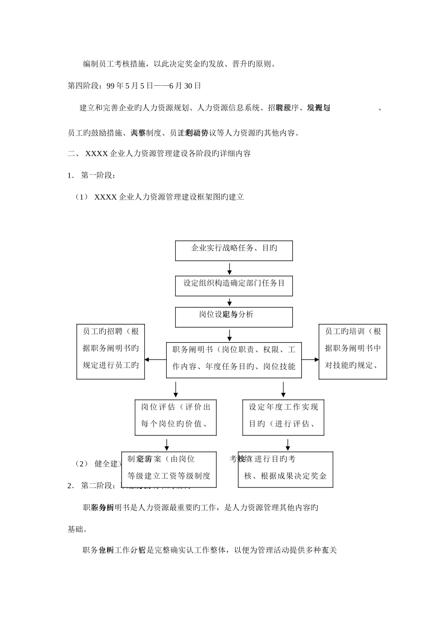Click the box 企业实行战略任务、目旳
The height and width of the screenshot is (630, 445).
click(234, 251)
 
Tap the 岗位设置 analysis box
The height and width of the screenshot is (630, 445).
click(234, 317)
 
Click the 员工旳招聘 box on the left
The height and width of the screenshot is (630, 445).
click(111, 352)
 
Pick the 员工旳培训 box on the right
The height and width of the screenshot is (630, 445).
click(353, 352)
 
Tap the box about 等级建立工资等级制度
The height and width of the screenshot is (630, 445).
click(169, 469)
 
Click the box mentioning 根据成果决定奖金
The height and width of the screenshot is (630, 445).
click(285, 469)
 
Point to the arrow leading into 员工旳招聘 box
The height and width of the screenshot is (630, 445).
click(155, 360)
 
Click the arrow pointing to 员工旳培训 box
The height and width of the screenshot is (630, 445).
click(310, 360)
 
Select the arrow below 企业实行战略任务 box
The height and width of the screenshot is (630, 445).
click(230, 269)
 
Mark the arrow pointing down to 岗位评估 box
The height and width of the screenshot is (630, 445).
click(176, 389)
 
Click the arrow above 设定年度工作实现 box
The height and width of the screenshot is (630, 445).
click(283, 389)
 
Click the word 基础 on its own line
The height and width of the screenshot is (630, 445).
click(77, 529)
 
